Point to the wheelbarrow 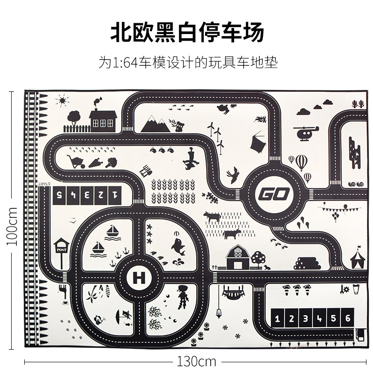[x=76, y=161]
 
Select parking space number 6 [x=346, y=319]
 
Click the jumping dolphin [x=178, y=246]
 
